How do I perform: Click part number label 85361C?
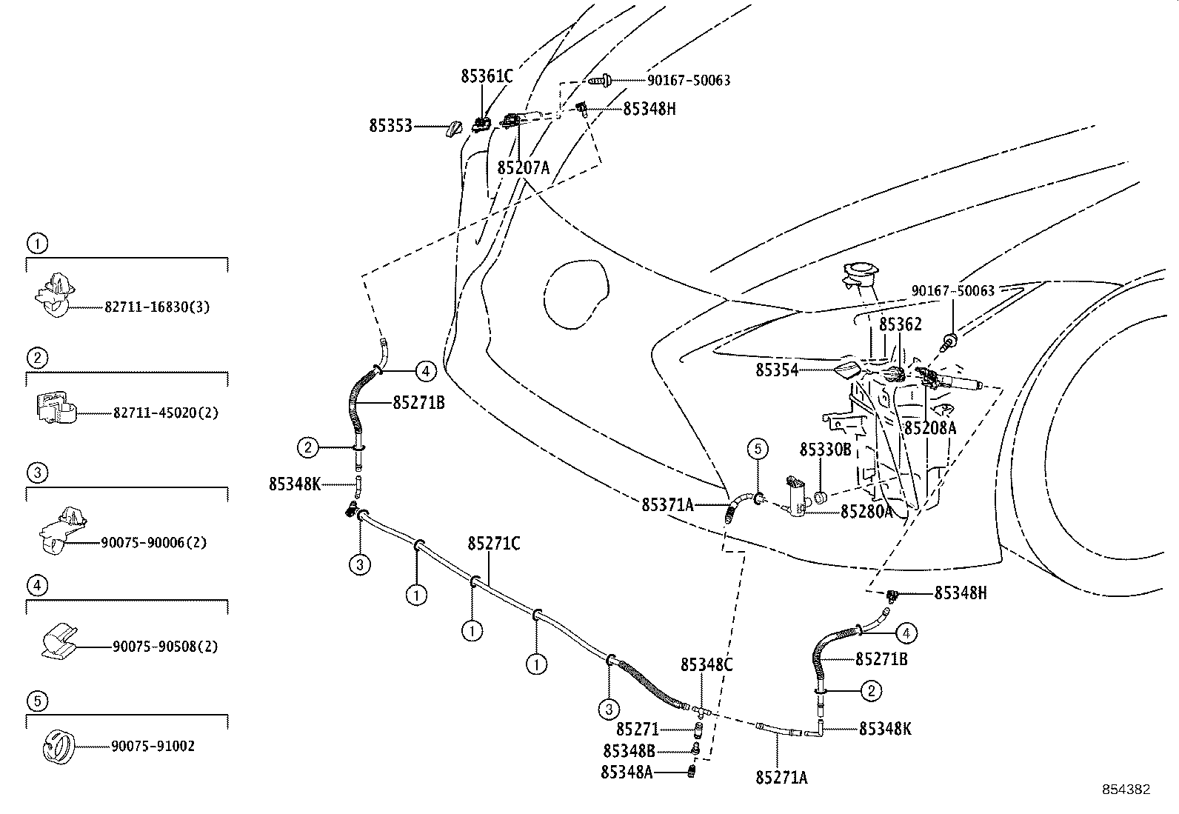pos(487,76)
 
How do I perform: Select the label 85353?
pos(390,127)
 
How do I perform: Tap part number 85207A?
pos(523,168)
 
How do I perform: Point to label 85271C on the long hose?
pos(493,544)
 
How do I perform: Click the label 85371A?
pos(667,505)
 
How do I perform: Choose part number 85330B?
pos(825,450)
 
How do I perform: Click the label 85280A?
pos(866,512)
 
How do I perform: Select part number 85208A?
pos(929,428)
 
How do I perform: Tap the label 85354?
pos(777,370)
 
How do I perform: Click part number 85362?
pos(900,324)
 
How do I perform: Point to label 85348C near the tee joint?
pos(707,665)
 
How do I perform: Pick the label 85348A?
pos(627,773)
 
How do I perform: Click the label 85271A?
pos(781,778)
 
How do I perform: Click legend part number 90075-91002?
pos(153,747)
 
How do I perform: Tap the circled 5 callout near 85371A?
pos(758,449)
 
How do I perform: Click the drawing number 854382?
pos(1126,790)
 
